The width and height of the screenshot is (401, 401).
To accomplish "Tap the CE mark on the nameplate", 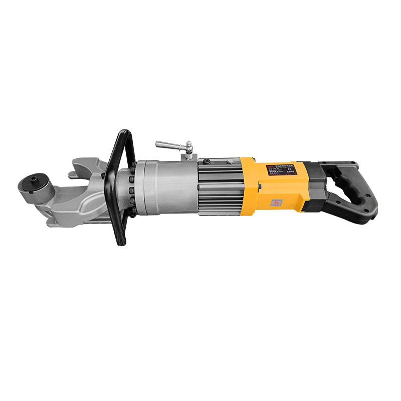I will [x=290, y=168].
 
